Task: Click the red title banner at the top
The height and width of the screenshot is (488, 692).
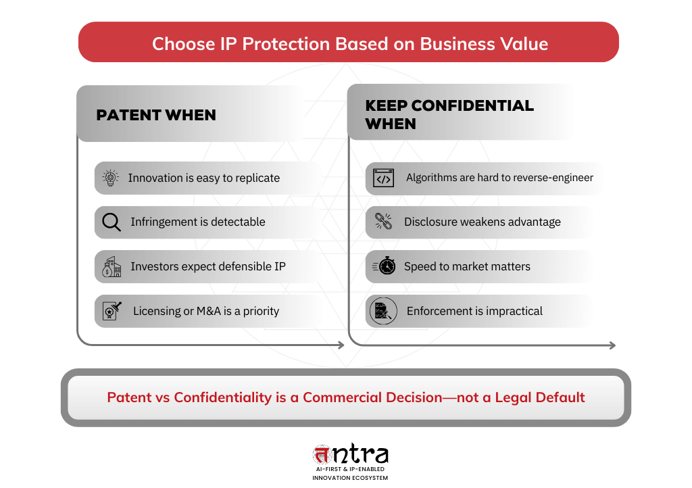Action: click(x=349, y=43)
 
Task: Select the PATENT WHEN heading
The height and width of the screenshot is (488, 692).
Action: click(x=156, y=115)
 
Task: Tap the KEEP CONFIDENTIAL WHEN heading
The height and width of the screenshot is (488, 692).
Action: click(x=449, y=114)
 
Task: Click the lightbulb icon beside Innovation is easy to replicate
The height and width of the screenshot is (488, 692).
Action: click(x=110, y=178)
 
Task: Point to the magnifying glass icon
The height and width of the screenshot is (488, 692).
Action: click(x=111, y=222)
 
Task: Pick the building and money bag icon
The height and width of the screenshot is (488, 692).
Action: click(x=111, y=267)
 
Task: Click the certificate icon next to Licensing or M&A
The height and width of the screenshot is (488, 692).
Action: click(x=112, y=311)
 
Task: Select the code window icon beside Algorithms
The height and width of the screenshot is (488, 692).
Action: click(x=383, y=178)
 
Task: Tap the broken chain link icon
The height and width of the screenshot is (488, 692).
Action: click(x=383, y=222)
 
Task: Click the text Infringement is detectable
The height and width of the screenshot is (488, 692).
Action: click(x=198, y=222)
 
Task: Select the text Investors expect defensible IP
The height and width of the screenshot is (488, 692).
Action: click(x=208, y=266)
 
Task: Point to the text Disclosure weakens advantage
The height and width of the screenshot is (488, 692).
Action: click(x=483, y=222)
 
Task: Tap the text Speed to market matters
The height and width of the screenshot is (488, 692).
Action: click(x=467, y=266)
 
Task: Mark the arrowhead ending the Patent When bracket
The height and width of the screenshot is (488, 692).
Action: click(x=341, y=345)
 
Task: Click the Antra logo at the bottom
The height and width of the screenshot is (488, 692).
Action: click(x=350, y=457)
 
